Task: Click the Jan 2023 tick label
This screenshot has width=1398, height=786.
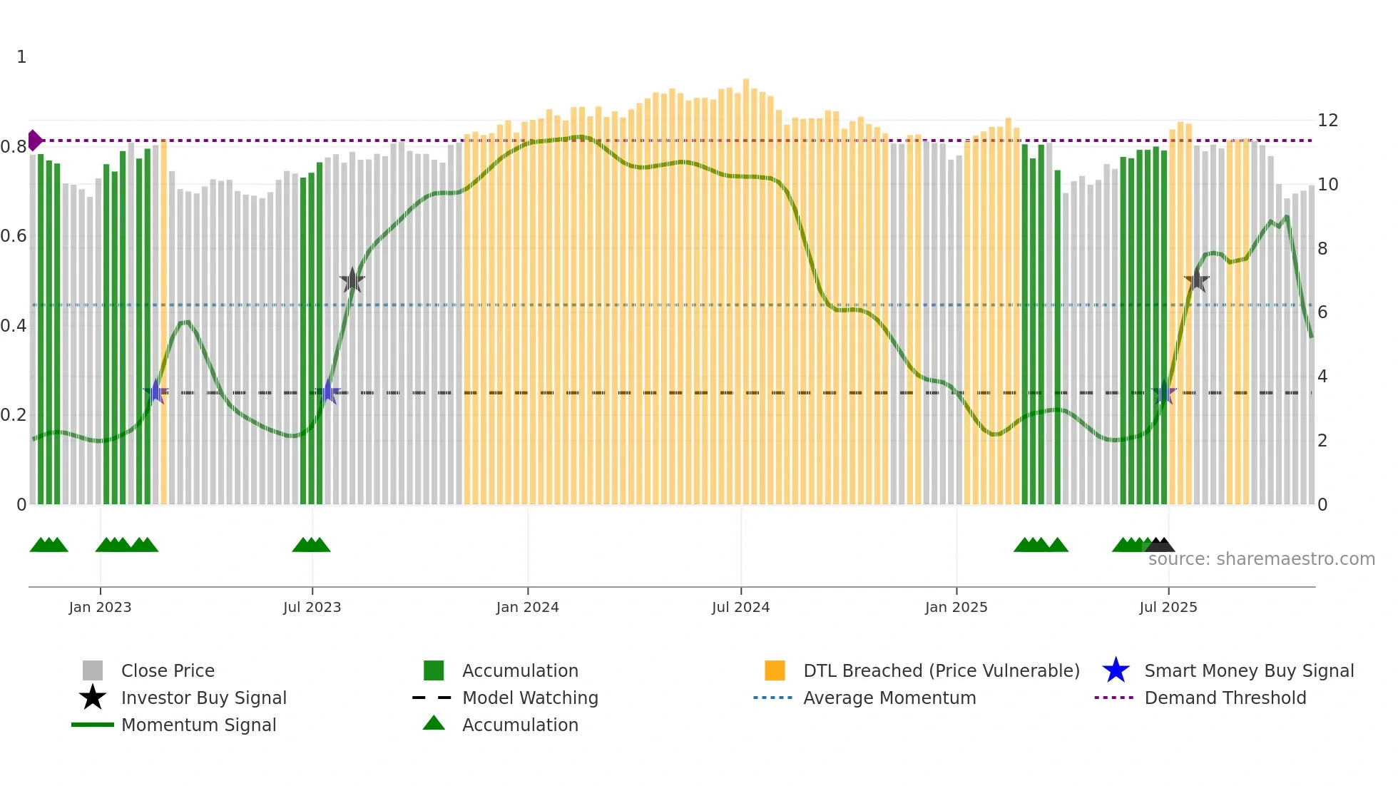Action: tap(100, 607)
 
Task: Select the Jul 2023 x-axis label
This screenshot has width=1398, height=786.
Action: tap(312, 607)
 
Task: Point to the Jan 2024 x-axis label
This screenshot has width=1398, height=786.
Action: tap(527, 607)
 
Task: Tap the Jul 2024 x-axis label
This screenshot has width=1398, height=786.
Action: tap(740, 607)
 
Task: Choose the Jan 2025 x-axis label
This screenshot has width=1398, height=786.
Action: tap(956, 607)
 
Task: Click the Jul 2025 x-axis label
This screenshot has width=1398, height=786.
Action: tap(1168, 607)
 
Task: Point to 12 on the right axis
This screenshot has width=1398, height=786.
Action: tap(1327, 120)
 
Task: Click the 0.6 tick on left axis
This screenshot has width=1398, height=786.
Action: tap(14, 236)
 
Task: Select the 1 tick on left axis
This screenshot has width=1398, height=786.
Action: tap(21, 57)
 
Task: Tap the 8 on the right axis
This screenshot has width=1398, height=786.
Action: tap(1322, 248)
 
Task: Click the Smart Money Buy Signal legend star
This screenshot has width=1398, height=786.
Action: tap(1116, 670)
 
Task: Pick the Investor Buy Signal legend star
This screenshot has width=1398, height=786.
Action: tap(93, 698)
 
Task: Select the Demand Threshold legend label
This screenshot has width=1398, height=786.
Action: tap(1225, 698)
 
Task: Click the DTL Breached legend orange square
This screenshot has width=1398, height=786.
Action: tap(775, 670)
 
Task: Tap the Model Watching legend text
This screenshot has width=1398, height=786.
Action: tap(530, 698)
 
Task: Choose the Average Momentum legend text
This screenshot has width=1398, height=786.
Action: tap(889, 698)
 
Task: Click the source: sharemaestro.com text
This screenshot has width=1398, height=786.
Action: tap(1261, 559)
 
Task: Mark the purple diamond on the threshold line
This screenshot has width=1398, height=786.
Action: tap(34, 141)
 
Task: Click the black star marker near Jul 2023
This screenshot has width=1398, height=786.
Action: tap(352, 280)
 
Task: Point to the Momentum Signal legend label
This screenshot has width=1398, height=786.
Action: tap(198, 725)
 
